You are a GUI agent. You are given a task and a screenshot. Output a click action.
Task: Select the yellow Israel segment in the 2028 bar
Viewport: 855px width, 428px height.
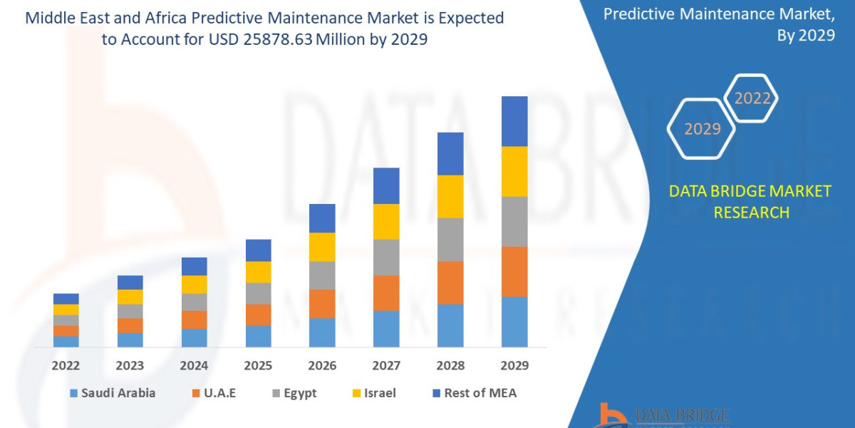pos(450,196)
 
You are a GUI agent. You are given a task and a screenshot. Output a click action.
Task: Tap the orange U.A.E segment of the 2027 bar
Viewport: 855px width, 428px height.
pos(386,292)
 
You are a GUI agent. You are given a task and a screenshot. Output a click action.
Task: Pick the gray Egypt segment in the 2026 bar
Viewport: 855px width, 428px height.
pos(322,275)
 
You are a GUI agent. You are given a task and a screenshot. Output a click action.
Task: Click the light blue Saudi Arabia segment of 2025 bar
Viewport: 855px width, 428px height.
pos(258,336)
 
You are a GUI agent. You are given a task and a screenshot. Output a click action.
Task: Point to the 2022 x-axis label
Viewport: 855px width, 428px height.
pos(66,365)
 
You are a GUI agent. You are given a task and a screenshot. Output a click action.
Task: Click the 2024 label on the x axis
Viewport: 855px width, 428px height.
pos(194,365)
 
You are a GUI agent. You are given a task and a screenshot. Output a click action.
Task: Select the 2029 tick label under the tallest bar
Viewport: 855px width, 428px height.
pos(514,365)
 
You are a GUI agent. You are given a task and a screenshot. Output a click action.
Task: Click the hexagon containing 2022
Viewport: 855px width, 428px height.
pos(752,98)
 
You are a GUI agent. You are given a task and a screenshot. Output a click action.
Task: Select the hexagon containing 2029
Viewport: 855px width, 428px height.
pos(702,129)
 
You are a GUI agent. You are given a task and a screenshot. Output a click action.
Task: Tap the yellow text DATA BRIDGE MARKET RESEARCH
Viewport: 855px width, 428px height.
pos(750,201)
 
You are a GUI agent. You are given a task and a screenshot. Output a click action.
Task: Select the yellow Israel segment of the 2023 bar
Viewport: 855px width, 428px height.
pos(130,297)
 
